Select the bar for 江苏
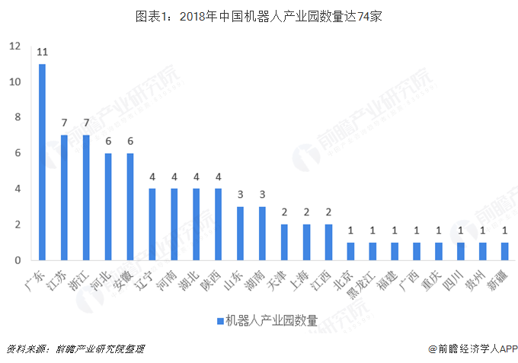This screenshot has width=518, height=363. coord(65,198)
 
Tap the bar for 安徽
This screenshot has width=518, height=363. coord(130,207)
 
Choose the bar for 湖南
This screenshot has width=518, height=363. coord(263,234)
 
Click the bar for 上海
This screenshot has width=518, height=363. coord(307,243)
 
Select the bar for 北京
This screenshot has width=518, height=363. coord(350,252)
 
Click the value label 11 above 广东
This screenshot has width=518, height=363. coord(43,53)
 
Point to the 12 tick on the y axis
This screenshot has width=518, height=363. coord(14,46)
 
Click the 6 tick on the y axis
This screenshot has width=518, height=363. coord(17,154)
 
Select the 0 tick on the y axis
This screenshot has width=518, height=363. coord(17,261)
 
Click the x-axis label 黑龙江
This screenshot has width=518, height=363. coord(369,283)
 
